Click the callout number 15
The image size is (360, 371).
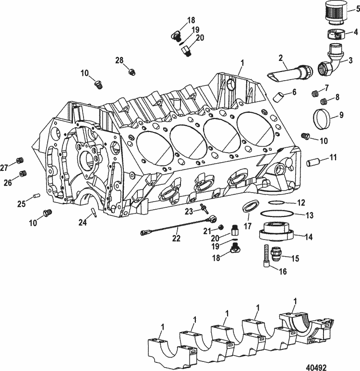coord(295,258)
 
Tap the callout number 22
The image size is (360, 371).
coord(177,238)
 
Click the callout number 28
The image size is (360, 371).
coord(120,60)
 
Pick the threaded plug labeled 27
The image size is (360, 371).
coord(20,161)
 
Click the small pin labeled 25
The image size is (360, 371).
coord(35,196)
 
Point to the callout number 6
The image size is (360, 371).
coord(294,92)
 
